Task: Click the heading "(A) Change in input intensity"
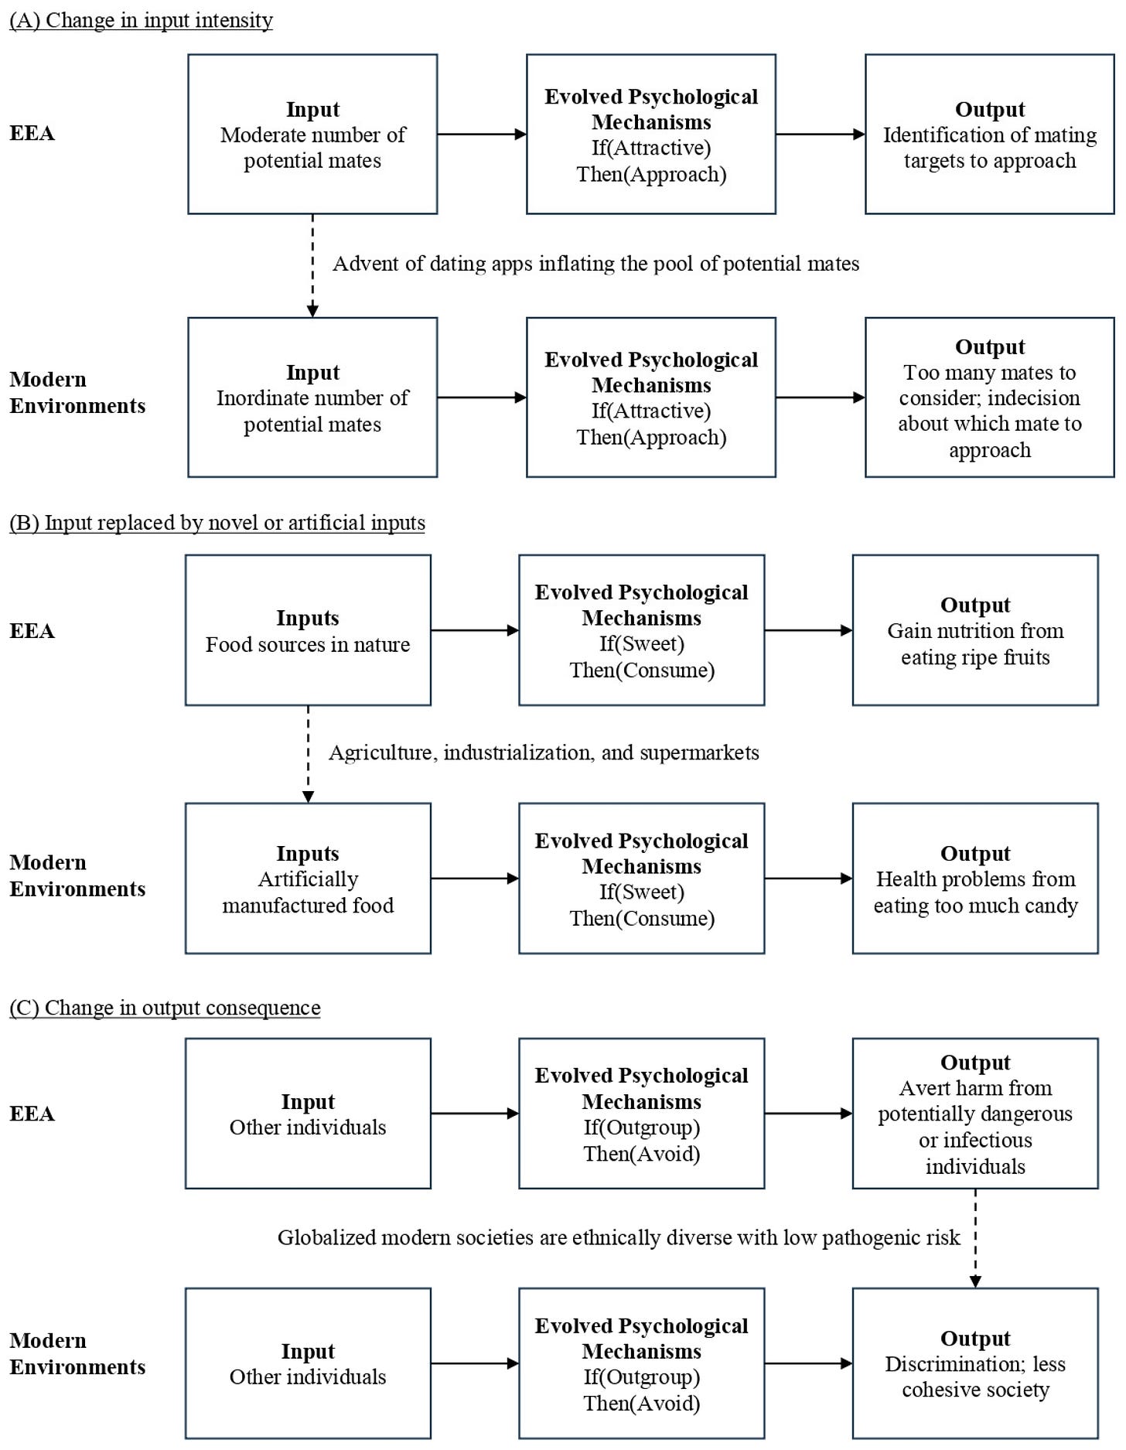(x=141, y=20)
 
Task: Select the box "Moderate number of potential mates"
(x=312, y=134)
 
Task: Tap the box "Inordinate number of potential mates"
(x=312, y=397)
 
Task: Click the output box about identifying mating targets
(x=990, y=134)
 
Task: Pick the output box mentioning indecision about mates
(x=990, y=397)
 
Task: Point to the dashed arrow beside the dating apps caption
(x=312, y=266)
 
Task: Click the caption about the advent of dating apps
(x=596, y=264)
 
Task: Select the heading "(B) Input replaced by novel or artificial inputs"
(x=217, y=523)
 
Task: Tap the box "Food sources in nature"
(x=308, y=630)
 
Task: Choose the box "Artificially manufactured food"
(x=308, y=879)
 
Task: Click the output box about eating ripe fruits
(x=975, y=630)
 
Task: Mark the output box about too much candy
(x=975, y=879)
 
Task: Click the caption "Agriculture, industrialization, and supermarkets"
(x=544, y=753)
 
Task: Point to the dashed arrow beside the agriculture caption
(x=308, y=755)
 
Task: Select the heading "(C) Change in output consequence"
(x=165, y=1008)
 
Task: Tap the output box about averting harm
(x=975, y=1114)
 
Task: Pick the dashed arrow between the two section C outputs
(x=975, y=1239)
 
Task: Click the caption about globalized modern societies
(x=619, y=1237)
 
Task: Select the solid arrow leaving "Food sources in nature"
(x=475, y=630)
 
